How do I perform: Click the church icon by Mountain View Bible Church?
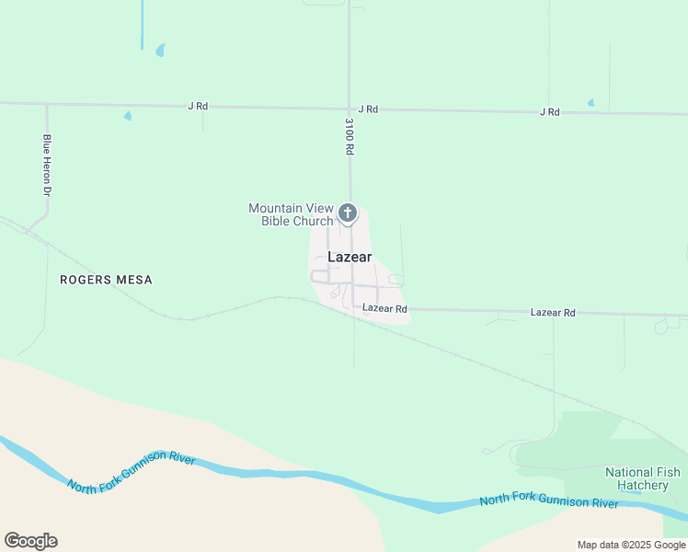click(x=348, y=213)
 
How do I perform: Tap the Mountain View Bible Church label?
click(x=291, y=214)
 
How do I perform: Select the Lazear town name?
click(x=350, y=258)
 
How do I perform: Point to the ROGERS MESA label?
click(x=106, y=280)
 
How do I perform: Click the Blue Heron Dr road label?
click(x=46, y=166)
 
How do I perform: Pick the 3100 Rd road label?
click(x=350, y=135)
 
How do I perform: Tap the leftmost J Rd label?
click(x=198, y=107)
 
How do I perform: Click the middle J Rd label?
click(x=368, y=109)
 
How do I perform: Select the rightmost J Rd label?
click(x=549, y=112)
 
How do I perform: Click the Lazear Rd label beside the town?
click(x=384, y=309)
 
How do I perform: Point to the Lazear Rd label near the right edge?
click(x=553, y=313)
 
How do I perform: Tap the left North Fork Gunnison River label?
click(x=131, y=472)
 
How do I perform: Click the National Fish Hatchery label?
click(x=642, y=479)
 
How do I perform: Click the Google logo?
click(x=30, y=541)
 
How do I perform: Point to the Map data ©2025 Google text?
click(x=631, y=545)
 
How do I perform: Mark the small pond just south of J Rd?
click(x=127, y=116)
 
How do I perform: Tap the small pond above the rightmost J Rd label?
click(x=591, y=102)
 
